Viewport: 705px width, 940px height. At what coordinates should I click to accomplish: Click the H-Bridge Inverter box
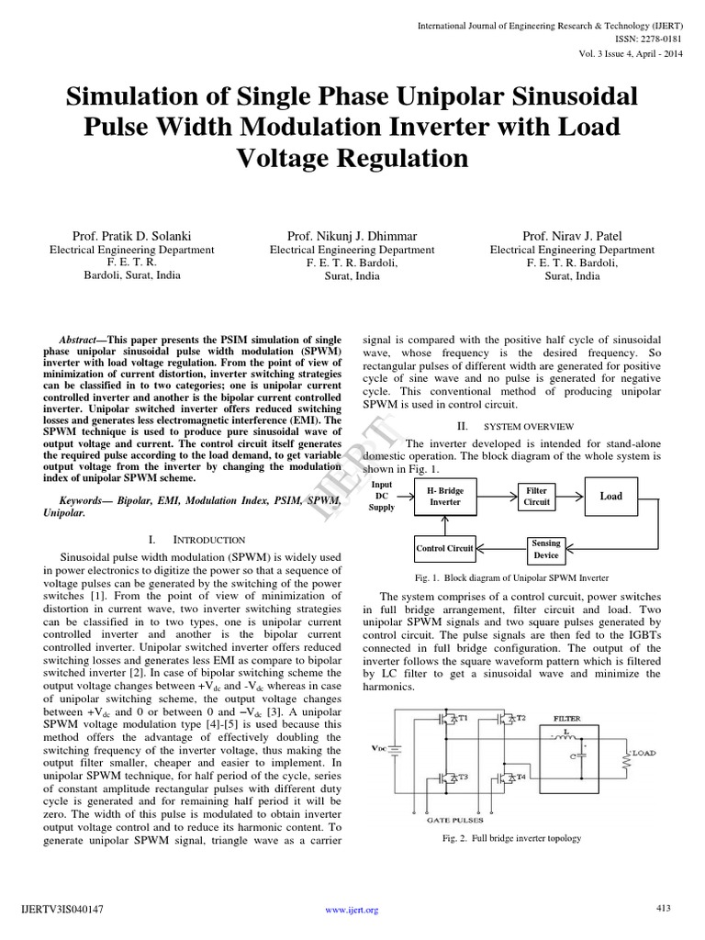click(445, 497)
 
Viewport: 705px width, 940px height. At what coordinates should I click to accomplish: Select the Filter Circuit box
click(536, 497)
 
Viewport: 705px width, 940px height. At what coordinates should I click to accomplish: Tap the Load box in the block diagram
click(611, 497)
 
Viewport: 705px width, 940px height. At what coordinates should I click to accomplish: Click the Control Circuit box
click(444, 549)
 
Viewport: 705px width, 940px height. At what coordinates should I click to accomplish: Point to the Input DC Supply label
click(382, 495)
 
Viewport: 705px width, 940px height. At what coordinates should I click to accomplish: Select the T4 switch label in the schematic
click(520, 777)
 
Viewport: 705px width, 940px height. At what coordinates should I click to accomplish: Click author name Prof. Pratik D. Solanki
click(131, 236)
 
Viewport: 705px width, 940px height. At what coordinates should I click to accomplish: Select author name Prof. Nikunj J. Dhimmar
click(352, 236)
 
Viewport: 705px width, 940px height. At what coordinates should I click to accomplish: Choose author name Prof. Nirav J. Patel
click(572, 236)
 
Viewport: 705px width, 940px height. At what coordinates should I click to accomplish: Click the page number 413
click(664, 909)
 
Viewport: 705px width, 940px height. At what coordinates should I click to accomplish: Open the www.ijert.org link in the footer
click(352, 910)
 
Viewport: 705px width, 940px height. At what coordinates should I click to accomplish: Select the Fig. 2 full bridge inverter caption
click(511, 838)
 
